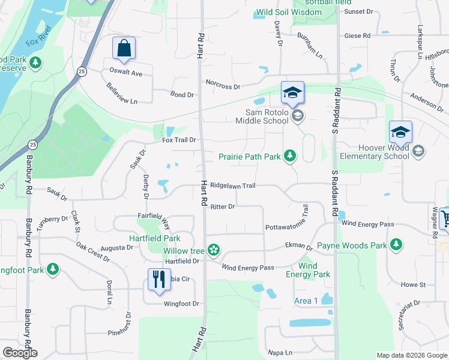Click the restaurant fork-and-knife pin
[x=158, y=280]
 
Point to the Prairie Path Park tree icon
[x=290, y=156]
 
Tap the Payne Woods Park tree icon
[x=396, y=245]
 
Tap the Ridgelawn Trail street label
[x=233, y=186]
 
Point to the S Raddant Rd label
[x=337, y=112]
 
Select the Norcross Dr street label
[x=223, y=86]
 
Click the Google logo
[x=20, y=353]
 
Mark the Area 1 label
[x=306, y=301]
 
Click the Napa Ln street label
[x=280, y=352]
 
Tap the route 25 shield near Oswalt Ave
[x=82, y=71]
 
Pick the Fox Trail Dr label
[x=179, y=140]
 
